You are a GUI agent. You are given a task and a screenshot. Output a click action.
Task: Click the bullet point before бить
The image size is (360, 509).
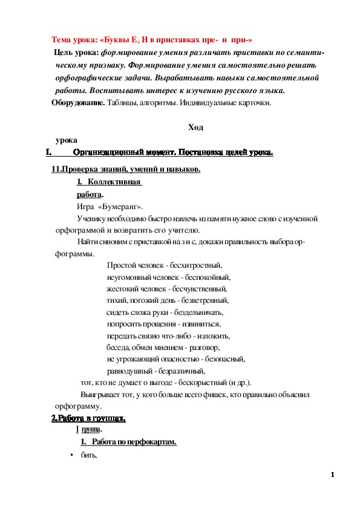(x=71, y=455)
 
